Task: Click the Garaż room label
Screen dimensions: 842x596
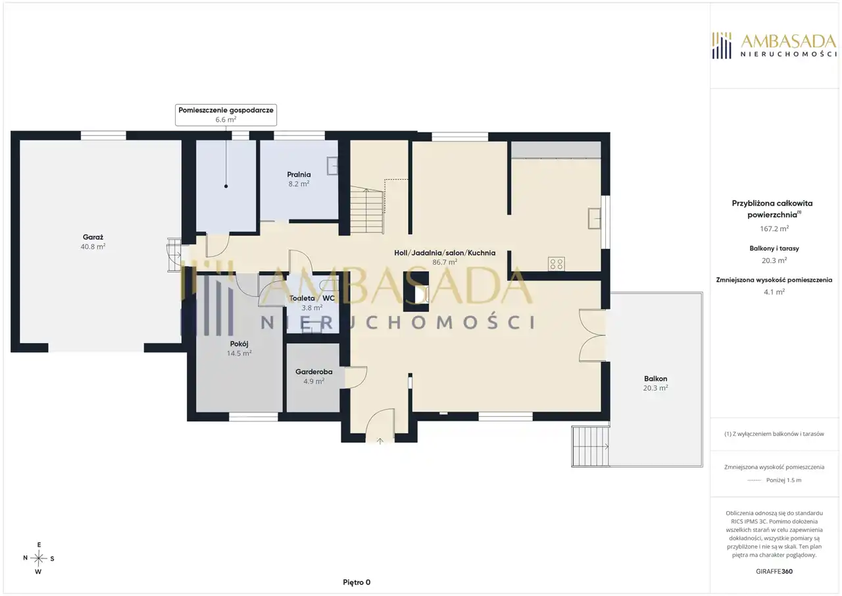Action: click(93, 242)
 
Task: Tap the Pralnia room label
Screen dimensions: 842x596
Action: click(299, 178)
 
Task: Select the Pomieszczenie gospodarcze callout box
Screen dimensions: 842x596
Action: click(226, 115)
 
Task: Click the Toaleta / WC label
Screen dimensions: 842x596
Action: click(312, 302)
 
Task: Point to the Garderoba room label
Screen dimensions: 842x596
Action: click(314, 376)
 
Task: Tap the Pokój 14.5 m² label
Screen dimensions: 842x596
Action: click(239, 348)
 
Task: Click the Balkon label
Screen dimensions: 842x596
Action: click(656, 383)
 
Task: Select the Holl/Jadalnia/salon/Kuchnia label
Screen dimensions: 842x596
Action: click(445, 257)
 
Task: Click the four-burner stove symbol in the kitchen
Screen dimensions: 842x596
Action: click(557, 264)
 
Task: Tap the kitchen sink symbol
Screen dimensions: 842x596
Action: click(594, 218)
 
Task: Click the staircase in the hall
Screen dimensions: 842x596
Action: click(367, 210)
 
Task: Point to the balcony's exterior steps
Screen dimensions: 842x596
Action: click(590, 447)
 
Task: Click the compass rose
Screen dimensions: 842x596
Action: click(38, 558)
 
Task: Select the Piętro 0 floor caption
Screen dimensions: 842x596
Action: click(357, 582)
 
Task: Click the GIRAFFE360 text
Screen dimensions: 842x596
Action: click(774, 571)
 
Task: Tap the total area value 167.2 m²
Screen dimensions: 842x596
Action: click(774, 229)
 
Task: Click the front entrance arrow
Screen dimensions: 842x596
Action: click(380, 441)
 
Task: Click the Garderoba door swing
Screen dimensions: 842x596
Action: click(356, 377)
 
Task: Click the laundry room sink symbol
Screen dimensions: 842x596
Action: click(332, 166)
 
